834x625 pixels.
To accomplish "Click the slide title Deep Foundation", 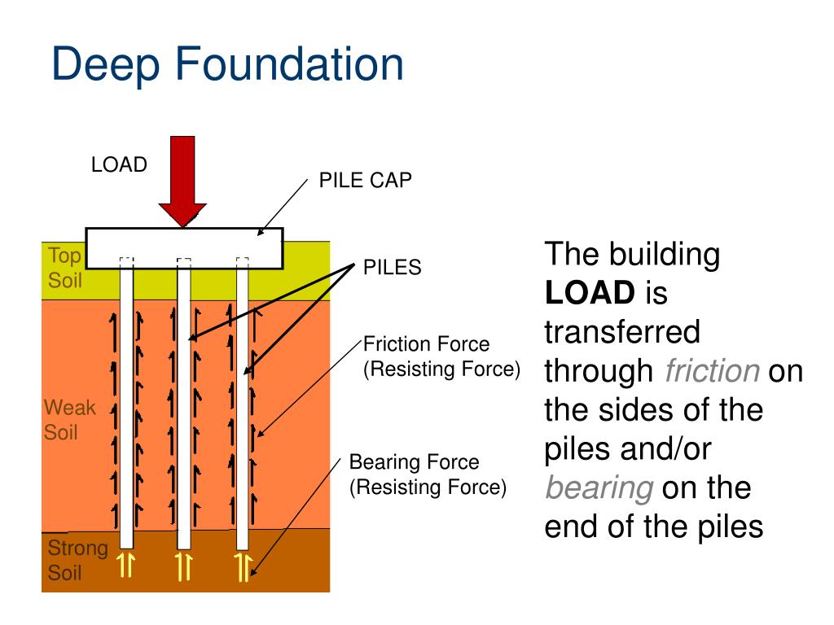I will pyautogui.click(x=227, y=65).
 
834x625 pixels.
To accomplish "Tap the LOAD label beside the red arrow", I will pyautogui.click(x=119, y=165).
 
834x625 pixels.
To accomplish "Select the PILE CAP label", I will pyautogui.click(x=365, y=181).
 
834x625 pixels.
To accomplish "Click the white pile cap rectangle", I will pyautogui.click(x=184, y=247).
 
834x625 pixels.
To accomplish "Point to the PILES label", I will pyautogui.click(x=392, y=268).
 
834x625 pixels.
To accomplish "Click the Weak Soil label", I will pyautogui.click(x=68, y=420).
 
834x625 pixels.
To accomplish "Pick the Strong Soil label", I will pyautogui.click(x=77, y=559).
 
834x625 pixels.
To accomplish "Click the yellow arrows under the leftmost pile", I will pyautogui.click(x=126, y=566).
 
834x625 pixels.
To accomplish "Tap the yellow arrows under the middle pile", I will pyautogui.click(x=184, y=566).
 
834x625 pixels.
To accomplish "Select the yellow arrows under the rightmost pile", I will pyautogui.click(x=243, y=566).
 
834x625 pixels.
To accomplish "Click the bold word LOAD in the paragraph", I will pyautogui.click(x=589, y=293).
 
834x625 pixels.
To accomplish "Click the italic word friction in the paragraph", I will pyautogui.click(x=712, y=371).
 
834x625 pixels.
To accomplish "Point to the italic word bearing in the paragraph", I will pyautogui.click(x=599, y=488).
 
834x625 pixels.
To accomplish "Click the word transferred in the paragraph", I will pyautogui.click(x=621, y=332).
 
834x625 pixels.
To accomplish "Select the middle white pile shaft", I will pyautogui.click(x=184, y=407).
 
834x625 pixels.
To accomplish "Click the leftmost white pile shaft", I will pyautogui.click(x=126, y=407).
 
